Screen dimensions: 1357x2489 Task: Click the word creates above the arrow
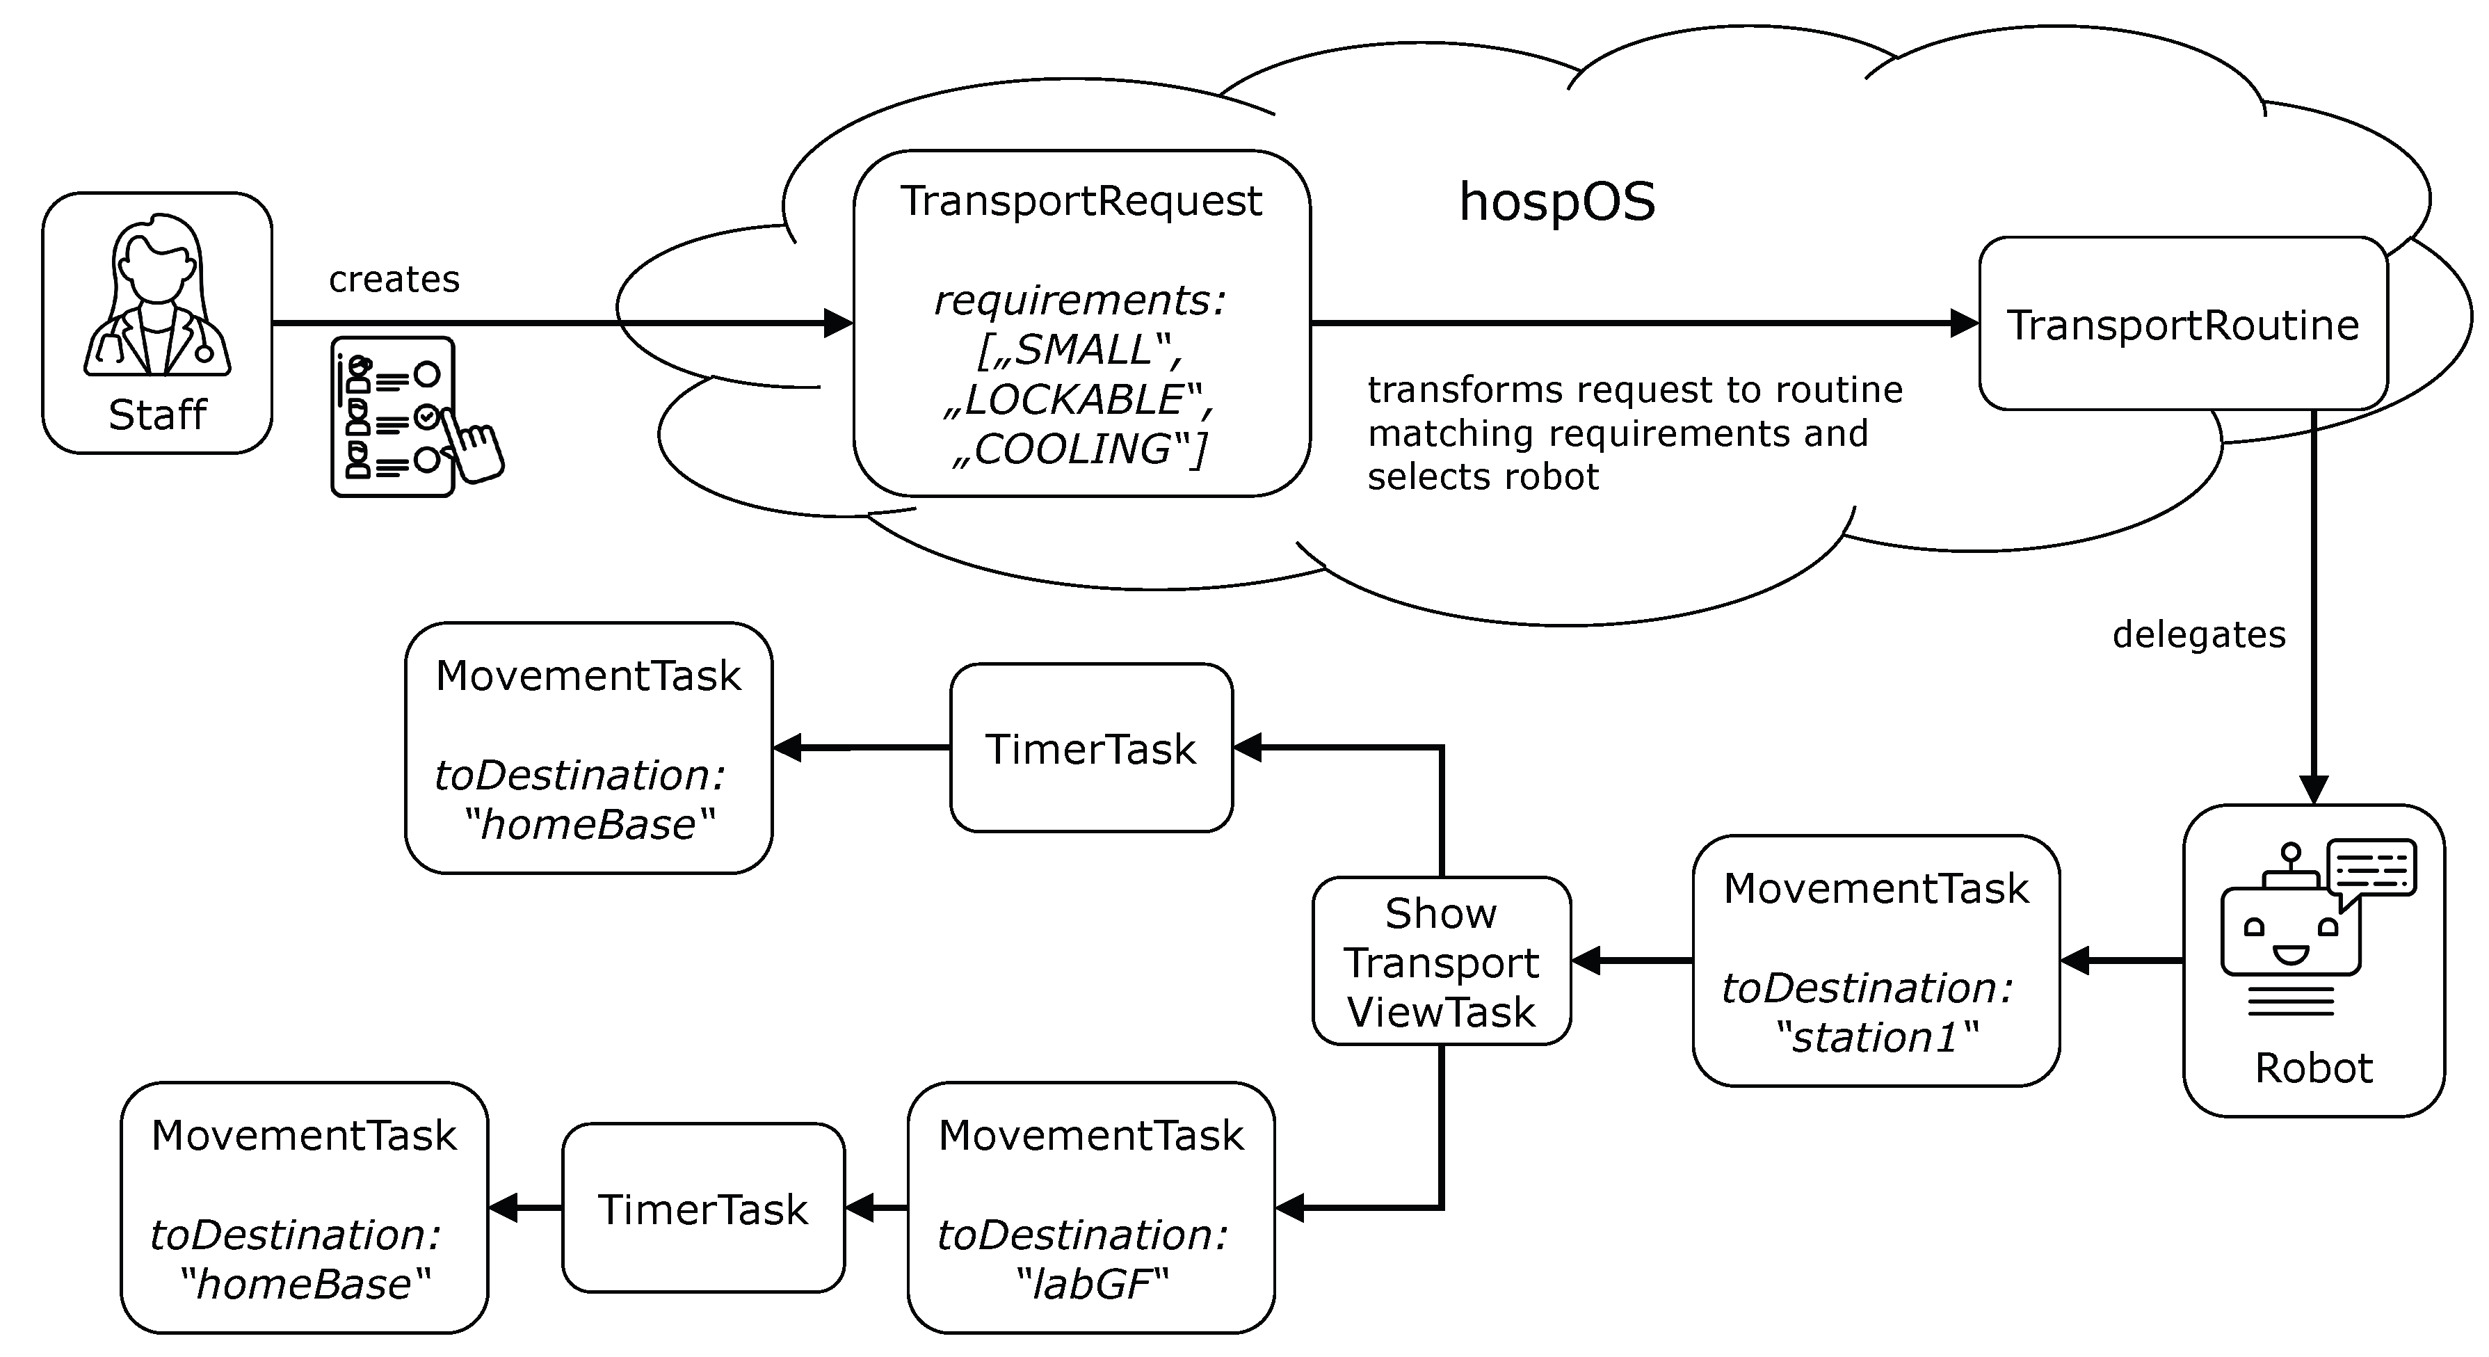(394, 280)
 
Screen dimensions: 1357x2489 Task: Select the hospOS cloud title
(1556, 202)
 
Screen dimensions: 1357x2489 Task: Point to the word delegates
(2199, 635)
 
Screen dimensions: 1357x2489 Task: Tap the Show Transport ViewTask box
(1441, 962)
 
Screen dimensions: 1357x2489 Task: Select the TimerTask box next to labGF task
(702, 1208)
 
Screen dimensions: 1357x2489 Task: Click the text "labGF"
(1092, 1285)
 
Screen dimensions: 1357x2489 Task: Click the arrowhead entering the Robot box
(2313, 789)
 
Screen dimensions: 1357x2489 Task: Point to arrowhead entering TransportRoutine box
(1963, 323)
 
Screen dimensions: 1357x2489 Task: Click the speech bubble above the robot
(2372, 868)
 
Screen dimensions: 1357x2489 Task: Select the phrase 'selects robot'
(1483, 476)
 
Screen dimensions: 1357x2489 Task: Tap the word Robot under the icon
(2313, 1068)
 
